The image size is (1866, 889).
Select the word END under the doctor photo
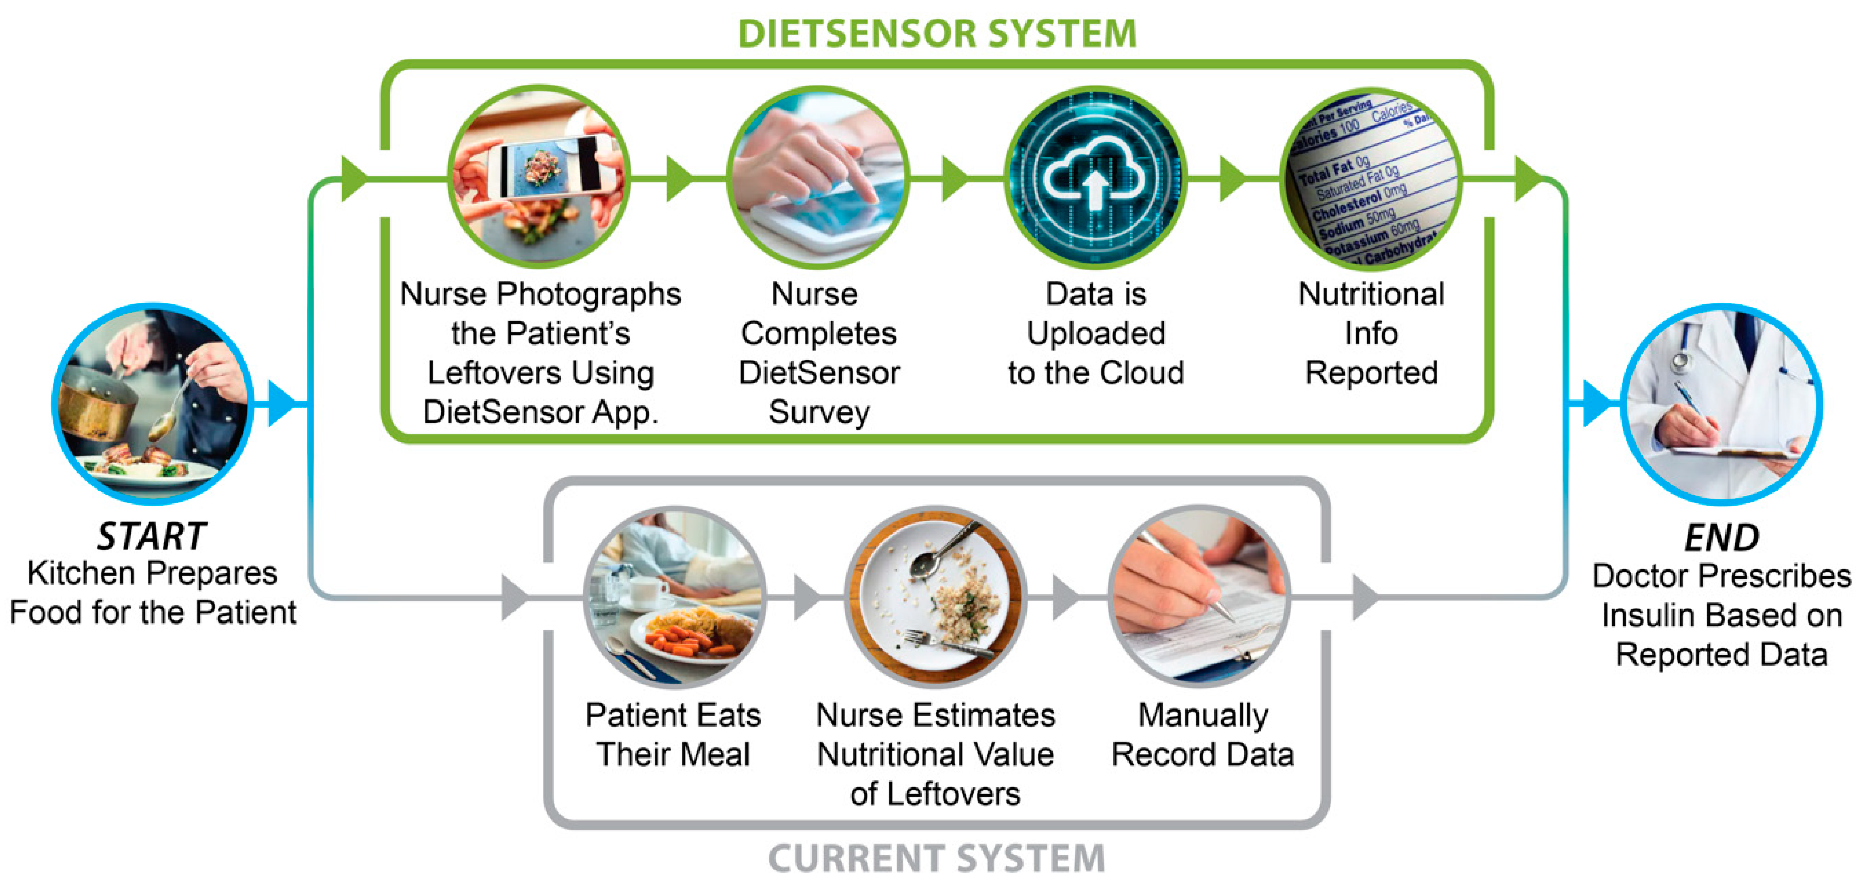(x=1721, y=538)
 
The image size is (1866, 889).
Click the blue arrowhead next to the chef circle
(x=281, y=404)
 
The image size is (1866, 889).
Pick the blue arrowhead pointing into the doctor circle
(x=1595, y=404)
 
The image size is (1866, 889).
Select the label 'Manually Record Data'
(x=1202, y=735)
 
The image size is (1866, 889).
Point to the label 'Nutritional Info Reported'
(x=1371, y=333)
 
